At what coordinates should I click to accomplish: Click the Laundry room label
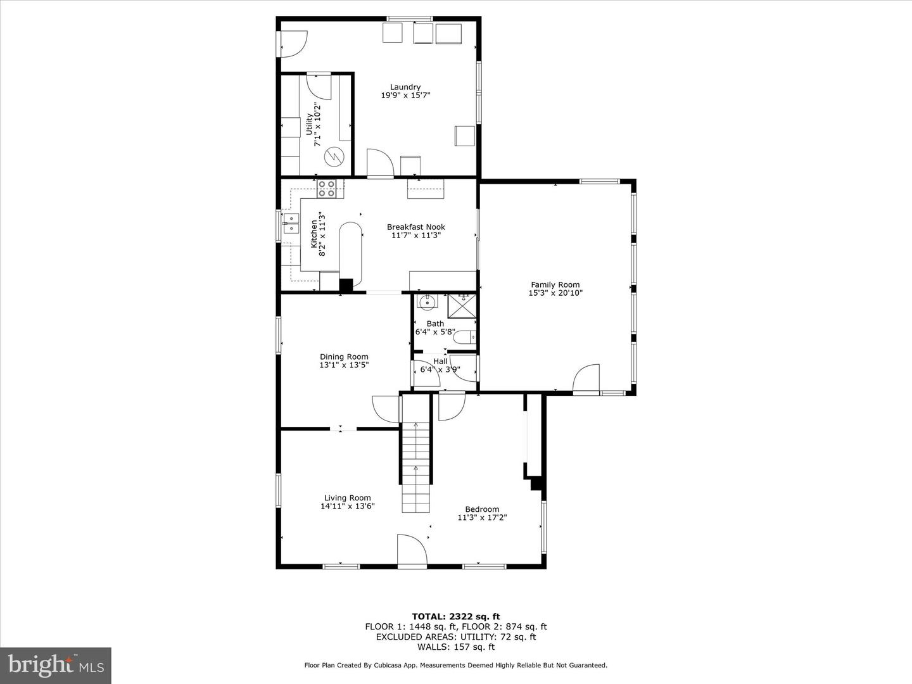click(x=405, y=87)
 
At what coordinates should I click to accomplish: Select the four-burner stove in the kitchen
click(x=326, y=189)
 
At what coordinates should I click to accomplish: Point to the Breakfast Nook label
click(x=416, y=227)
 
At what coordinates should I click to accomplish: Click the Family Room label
click(x=555, y=285)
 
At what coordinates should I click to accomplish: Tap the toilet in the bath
click(x=465, y=338)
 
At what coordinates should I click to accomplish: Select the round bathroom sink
click(x=427, y=301)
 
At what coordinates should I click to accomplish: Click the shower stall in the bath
click(x=462, y=305)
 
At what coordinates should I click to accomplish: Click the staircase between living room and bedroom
click(x=416, y=459)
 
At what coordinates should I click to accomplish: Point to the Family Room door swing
click(x=586, y=379)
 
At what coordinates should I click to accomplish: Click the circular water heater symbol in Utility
click(x=334, y=156)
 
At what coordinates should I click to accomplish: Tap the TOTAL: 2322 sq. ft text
click(x=455, y=616)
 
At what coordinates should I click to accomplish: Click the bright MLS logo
click(x=56, y=665)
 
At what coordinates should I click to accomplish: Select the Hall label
click(x=440, y=361)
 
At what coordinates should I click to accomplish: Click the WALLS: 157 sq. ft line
click(x=455, y=647)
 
